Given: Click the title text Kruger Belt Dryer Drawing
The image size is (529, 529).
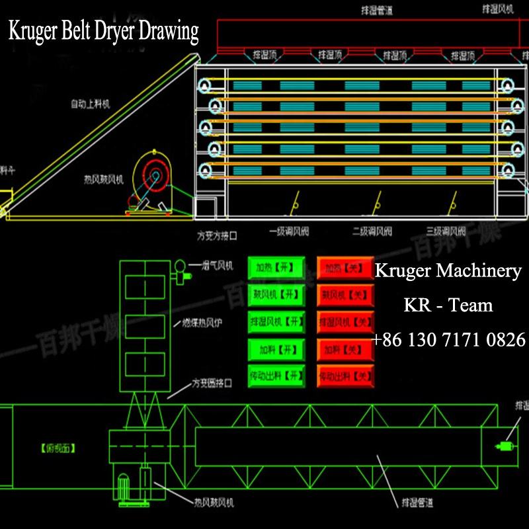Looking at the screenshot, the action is tap(103, 31).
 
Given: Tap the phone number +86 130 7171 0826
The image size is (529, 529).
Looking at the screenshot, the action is tap(448, 340).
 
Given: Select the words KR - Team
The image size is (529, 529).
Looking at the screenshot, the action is tap(448, 305).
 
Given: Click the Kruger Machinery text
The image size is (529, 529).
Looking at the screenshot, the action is tap(448, 271).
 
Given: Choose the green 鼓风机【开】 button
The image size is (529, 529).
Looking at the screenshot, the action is tap(276, 294).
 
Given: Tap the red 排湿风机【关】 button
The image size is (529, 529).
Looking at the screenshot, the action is tap(345, 322).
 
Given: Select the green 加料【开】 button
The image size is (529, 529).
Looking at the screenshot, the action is tap(276, 349).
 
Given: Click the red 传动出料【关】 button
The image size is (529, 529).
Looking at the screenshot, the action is tap(345, 377).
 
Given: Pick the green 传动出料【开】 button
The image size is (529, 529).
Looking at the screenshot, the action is tap(276, 376).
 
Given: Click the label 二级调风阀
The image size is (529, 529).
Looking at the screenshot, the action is tap(372, 232).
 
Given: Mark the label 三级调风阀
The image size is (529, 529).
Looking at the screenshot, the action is tap(446, 232).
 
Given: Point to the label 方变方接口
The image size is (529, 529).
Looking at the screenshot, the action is tap(216, 235).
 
